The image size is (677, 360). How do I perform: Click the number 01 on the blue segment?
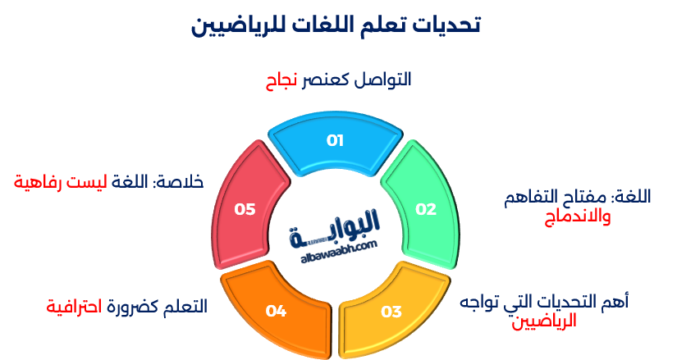pyautogui.click(x=335, y=140)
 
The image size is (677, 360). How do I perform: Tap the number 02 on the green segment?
pyautogui.click(x=426, y=209)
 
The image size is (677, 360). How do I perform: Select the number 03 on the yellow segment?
pyautogui.click(x=391, y=312)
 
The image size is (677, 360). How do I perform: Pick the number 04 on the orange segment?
pyautogui.click(x=276, y=312)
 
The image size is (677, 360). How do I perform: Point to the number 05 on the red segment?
pyautogui.click(x=245, y=209)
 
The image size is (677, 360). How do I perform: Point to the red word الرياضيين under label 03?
pyautogui.click(x=546, y=321)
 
